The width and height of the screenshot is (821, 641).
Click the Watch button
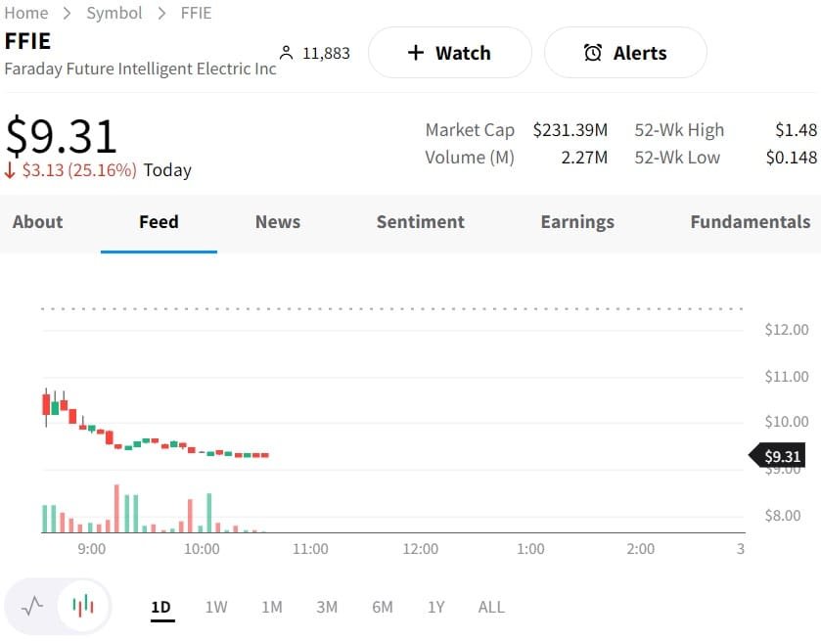449,53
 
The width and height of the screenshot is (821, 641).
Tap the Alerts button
625,53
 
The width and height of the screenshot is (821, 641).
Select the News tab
277,222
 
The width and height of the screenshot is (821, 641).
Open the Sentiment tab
420,222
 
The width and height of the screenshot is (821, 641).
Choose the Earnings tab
577,222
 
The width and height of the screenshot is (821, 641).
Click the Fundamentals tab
750,222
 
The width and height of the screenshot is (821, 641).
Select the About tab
38,222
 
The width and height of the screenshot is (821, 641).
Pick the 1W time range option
216,607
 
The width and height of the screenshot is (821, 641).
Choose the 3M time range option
327,607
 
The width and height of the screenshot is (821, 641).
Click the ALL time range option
491,607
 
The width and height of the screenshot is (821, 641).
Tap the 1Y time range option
435,607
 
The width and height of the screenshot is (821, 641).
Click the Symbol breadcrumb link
114,13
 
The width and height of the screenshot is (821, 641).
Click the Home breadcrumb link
26,13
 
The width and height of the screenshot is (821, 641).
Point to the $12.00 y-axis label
787,330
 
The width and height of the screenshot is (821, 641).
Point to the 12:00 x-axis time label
421,549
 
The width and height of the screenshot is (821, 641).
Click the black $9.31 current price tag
781,456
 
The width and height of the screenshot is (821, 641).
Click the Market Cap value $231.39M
570,130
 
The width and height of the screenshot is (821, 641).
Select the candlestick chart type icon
83,606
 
